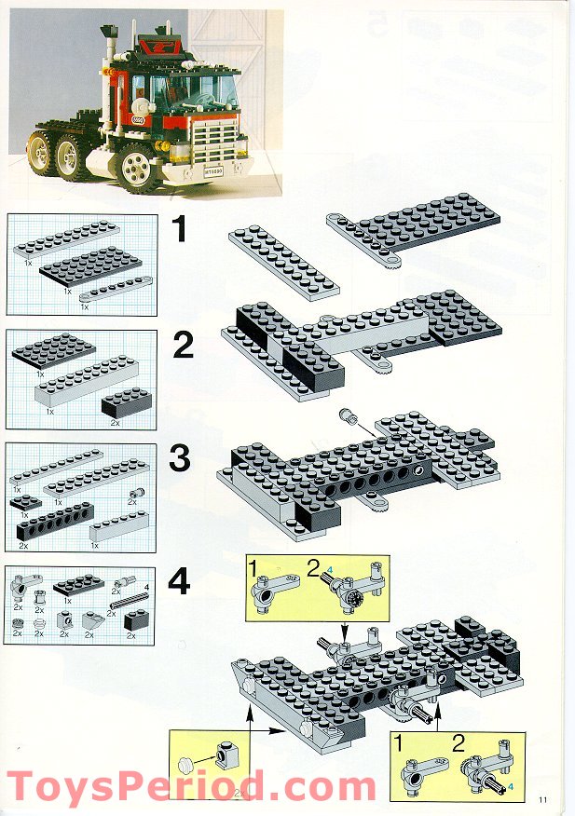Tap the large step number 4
click(179, 582)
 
